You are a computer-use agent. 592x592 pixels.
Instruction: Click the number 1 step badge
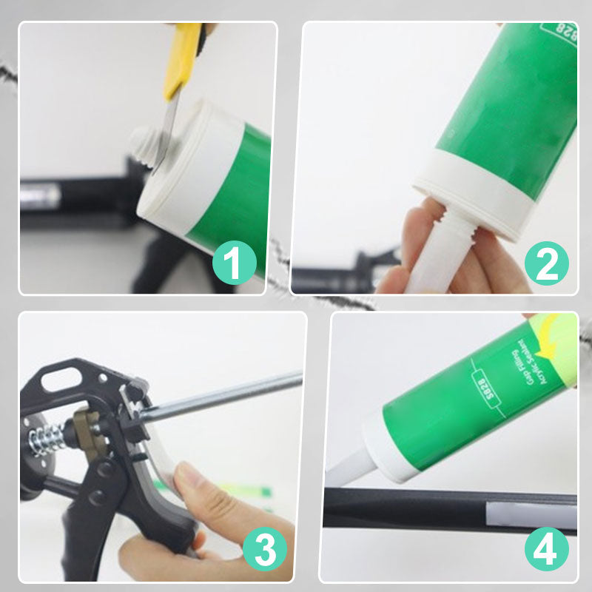(235, 264)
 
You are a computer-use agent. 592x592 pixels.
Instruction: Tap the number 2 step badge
(547, 264)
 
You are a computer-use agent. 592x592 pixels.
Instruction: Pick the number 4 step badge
(547, 550)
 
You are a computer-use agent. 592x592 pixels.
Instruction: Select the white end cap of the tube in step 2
(481, 192)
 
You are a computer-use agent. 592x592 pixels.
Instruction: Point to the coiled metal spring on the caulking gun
(46, 439)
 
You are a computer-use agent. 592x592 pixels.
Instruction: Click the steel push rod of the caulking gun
(222, 392)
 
